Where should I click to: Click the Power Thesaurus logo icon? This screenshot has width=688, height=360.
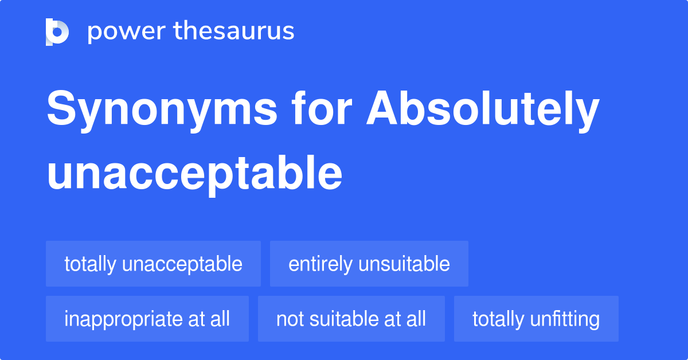pos(57,32)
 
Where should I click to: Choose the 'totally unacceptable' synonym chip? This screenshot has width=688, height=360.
pos(153,264)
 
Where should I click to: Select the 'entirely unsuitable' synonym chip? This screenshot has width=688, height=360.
pos(369,264)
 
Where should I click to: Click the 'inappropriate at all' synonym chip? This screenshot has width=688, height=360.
pos(147,319)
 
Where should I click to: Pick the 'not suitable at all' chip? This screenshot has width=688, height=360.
pos(351,319)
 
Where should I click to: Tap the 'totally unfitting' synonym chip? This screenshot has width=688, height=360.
pos(535,319)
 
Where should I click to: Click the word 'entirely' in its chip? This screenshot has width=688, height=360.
pos(320,264)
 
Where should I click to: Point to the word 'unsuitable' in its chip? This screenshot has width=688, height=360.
pos(404,264)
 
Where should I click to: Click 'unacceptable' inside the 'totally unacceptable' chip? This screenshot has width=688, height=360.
pos(182,264)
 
